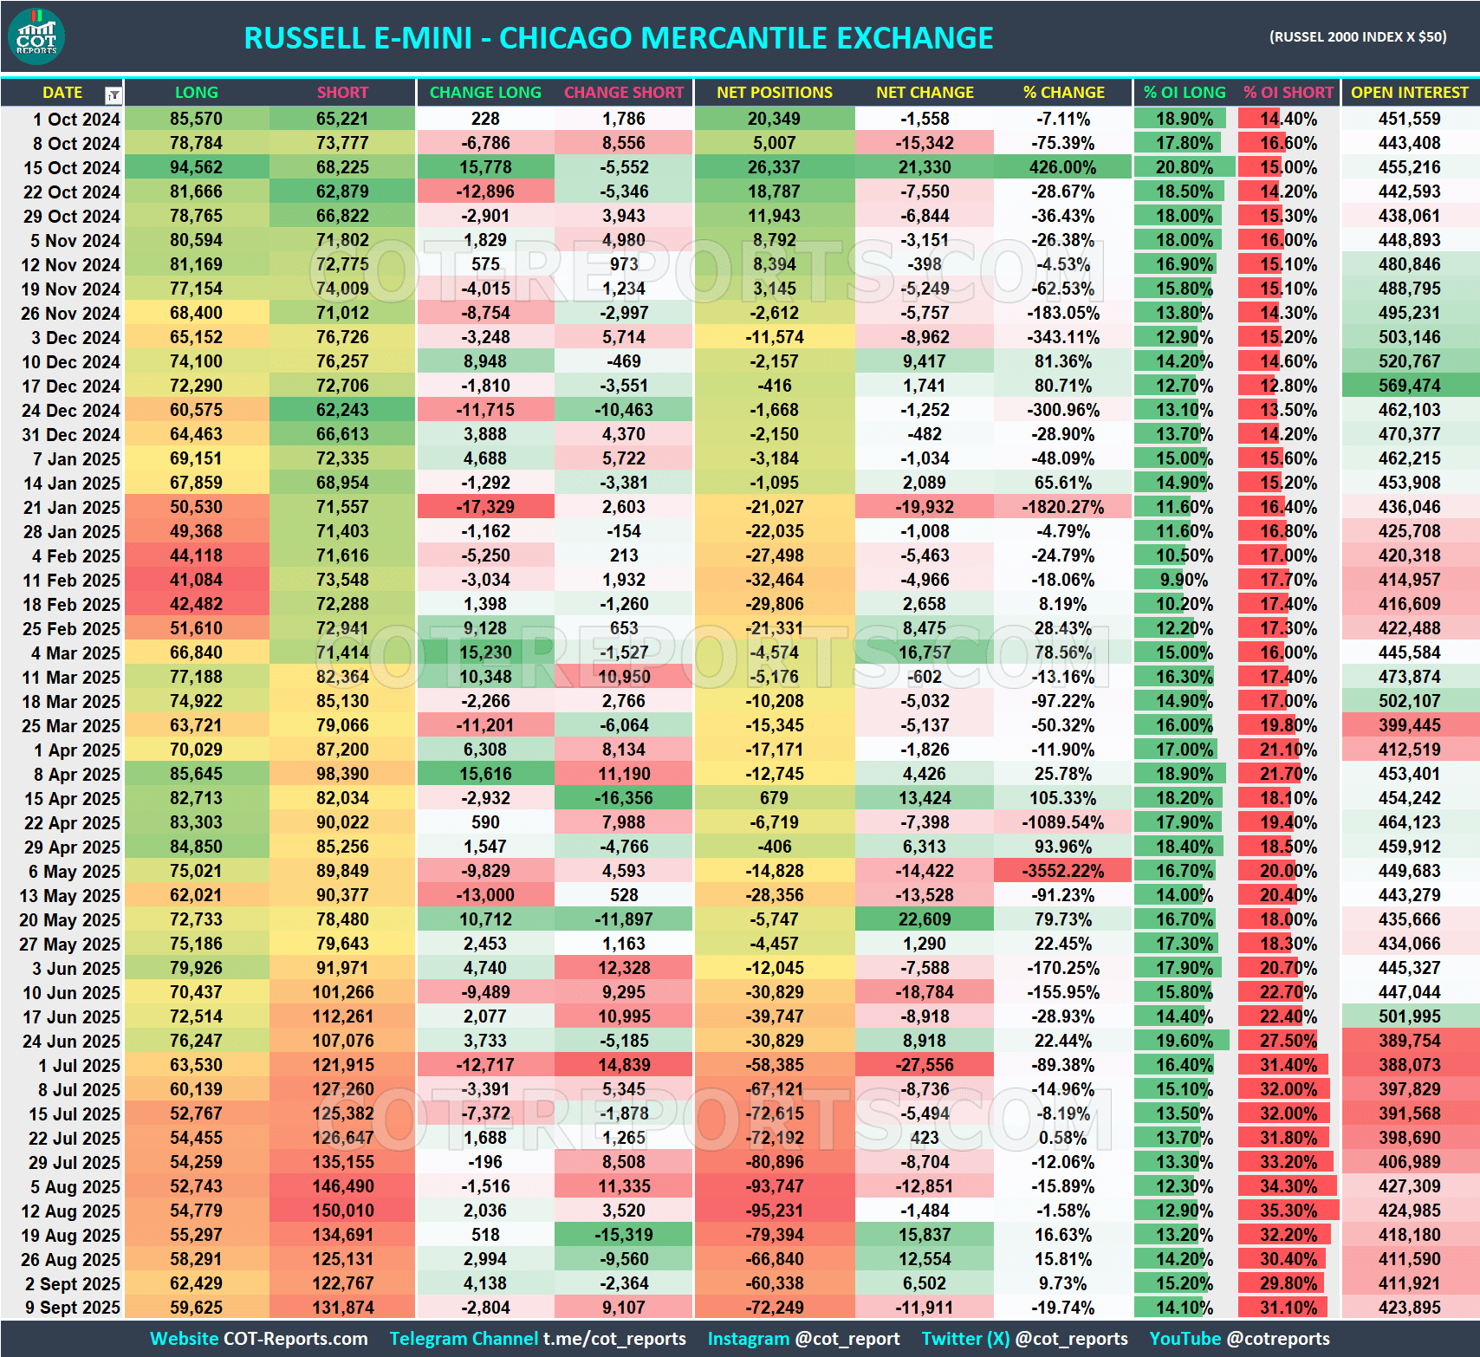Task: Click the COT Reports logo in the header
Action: coord(36,36)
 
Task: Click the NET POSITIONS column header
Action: coord(774,93)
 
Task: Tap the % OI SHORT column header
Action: coord(1288,93)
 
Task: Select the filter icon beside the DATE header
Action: coord(113,94)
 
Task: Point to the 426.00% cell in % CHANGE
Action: coord(1063,167)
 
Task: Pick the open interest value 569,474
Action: coord(1409,386)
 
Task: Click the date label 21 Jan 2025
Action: coord(71,508)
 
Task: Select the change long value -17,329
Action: coord(485,507)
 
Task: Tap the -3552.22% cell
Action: coord(1063,871)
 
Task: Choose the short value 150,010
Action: coord(343,1211)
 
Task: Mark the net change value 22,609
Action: coord(925,919)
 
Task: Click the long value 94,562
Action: coord(196,167)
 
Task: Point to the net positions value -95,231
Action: coord(774,1211)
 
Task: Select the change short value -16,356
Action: coord(624,798)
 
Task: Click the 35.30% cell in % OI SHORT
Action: coord(1288,1211)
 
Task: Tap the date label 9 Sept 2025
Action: coord(73,1308)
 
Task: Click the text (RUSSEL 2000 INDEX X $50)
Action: coord(1357,37)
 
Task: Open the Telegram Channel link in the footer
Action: coord(537,1339)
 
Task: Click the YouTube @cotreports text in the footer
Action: coord(1239,1339)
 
